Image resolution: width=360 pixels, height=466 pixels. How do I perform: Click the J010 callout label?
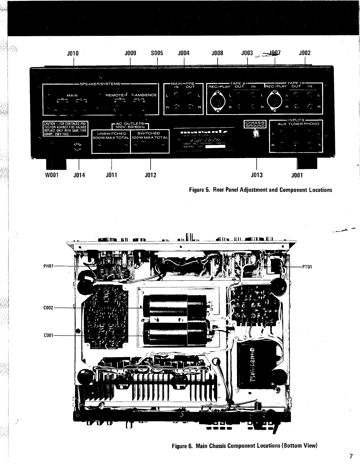click(73, 53)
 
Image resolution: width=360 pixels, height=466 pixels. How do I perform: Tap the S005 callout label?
click(157, 53)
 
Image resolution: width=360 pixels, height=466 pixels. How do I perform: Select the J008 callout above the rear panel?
click(217, 53)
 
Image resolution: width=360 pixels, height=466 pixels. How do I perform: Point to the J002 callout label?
click(305, 53)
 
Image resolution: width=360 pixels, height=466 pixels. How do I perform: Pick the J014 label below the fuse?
click(79, 175)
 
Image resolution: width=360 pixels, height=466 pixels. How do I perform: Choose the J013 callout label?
click(257, 175)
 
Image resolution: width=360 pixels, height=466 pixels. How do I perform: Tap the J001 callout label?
click(297, 176)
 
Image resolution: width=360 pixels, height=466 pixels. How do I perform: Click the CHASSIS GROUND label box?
click(255, 124)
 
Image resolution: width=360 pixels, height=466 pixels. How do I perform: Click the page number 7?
click(351, 456)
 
